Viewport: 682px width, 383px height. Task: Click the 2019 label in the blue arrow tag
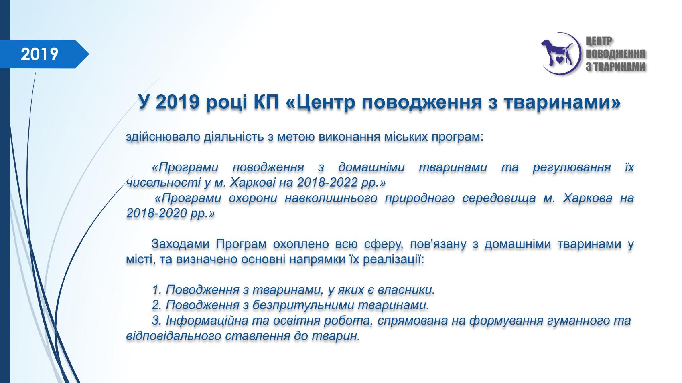[x=40, y=54]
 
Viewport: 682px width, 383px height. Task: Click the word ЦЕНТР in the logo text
[x=599, y=41]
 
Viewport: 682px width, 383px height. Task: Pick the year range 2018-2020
[x=156, y=213]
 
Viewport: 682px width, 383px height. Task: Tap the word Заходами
[x=180, y=244]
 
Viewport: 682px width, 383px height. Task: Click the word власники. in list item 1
[x=406, y=290]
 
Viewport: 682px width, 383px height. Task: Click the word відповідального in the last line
[x=174, y=336]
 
